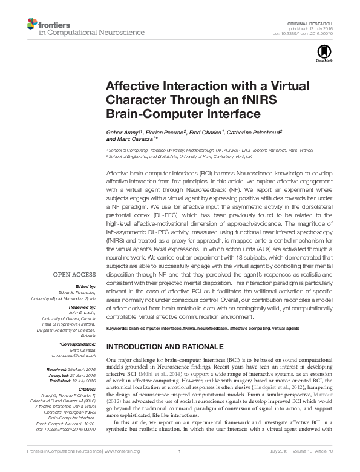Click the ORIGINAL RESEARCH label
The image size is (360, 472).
315,22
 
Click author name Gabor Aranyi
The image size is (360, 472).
125,131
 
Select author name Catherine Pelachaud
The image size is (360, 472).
245,131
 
